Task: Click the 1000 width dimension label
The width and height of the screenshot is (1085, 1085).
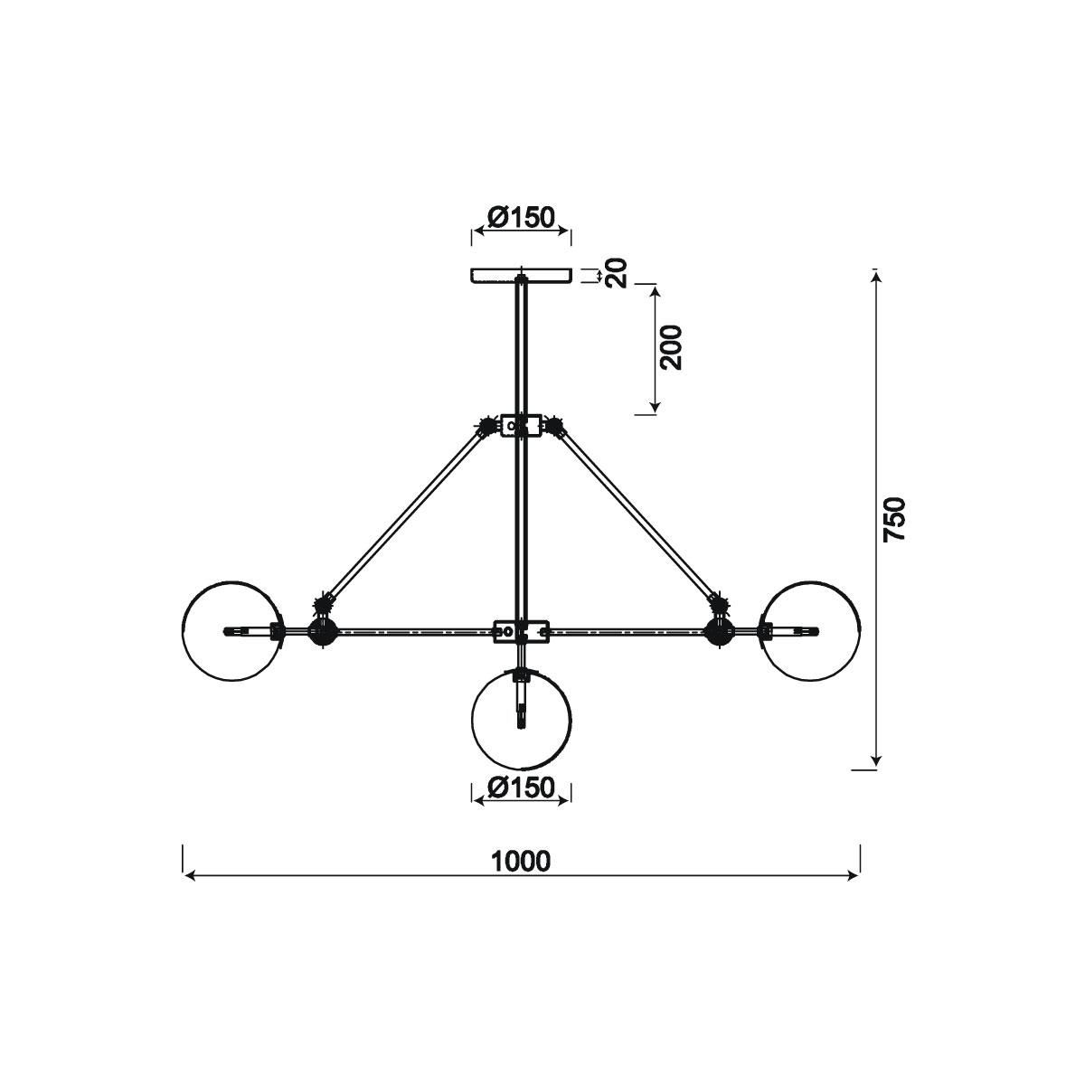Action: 521,862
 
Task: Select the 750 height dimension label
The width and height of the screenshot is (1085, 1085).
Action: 894,519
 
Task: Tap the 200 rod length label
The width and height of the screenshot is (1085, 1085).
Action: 671,347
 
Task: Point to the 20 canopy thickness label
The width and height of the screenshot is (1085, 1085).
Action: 616,273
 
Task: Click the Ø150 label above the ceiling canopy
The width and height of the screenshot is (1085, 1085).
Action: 522,217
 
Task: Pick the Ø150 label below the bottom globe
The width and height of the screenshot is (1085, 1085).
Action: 522,788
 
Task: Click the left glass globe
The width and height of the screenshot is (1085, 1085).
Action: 183,631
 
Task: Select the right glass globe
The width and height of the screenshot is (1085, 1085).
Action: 860,631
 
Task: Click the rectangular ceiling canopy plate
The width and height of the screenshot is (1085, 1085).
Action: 521,276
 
